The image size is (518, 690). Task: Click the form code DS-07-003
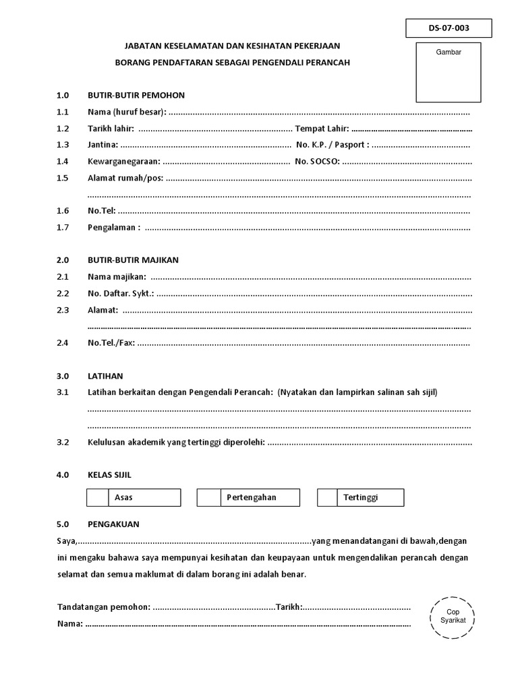pyautogui.click(x=449, y=28)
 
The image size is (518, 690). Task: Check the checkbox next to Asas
pyautogui.click(x=98, y=497)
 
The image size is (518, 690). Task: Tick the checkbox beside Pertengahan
pyautogui.click(x=208, y=497)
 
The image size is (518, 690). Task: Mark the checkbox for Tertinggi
pyautogui.click(x=327, y=497)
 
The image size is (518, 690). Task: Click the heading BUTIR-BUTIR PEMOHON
pyautogui.click(x=136, y=95)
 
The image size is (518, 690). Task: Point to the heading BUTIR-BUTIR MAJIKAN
pyautogui.click(x=133, y=260)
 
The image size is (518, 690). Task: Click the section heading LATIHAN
pyautogui.click(x=105, y=376)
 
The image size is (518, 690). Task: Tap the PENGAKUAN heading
pyautogui.click(x=113, y=524)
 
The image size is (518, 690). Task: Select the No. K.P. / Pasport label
pyautogui.click(x=333, y=144)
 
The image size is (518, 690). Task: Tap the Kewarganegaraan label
pyautogui.click(x=124, y=161)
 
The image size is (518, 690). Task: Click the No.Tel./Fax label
pyautogui.click(x=111, y=343)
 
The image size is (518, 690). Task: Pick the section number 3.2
pyautogui.click(x=63, y=443)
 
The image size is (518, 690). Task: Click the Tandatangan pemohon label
pyautogui.click(x=104, y=607)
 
